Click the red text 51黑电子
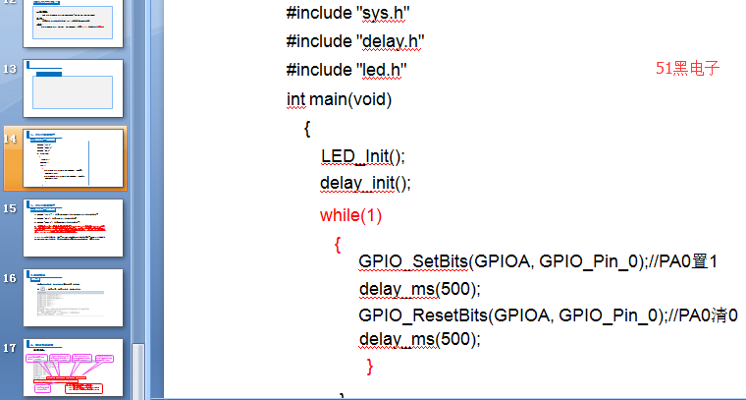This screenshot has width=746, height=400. coord(688,69)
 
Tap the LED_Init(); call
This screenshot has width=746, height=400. coord(362,156)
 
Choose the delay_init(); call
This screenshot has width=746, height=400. coord(364,184)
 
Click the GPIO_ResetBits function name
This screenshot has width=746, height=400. coord(424,315)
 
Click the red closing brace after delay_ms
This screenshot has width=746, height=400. coord(369,367)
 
